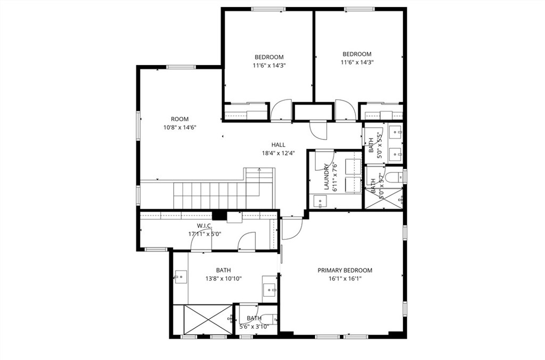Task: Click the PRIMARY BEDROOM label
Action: [x=344, y=270]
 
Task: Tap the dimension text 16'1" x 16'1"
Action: [x=344, y=278]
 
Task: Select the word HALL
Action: [x=278, y=144]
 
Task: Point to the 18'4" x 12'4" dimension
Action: [x=278, y=153]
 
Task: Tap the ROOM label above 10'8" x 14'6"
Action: [x=179, y=119]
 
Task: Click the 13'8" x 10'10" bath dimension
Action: [x=224, y=278]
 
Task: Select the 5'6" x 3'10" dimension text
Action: [x=254, y=326]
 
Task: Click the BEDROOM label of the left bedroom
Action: [x=269, y=57]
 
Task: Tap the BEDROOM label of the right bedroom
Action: [x=357, y=54]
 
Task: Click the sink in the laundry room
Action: [x=319, y=201]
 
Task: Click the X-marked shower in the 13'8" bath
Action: [x=208, y=319]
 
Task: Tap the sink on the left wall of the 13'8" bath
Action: [x=180, y=276]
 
